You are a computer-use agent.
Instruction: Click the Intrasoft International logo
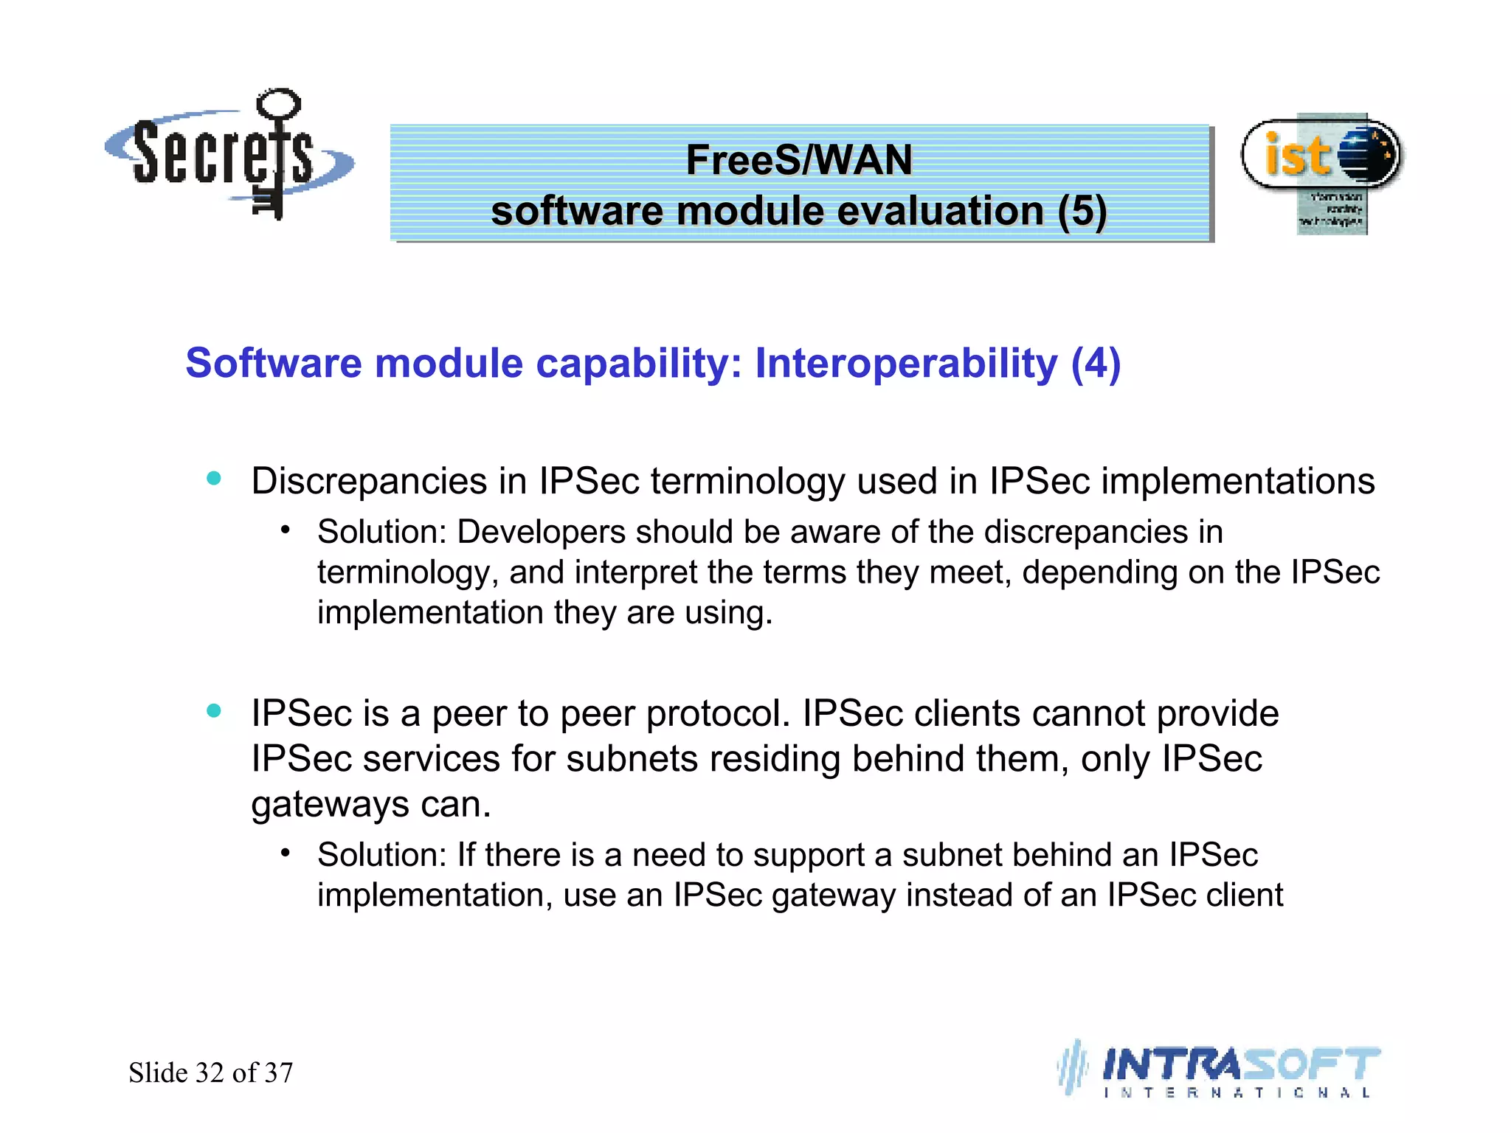click(1221, 1070)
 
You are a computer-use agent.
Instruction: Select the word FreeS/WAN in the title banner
click(799, 159)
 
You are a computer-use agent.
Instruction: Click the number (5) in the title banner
click(1082, 211)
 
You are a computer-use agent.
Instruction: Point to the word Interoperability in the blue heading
click(906, 364)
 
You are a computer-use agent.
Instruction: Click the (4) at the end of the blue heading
click(1096, 364)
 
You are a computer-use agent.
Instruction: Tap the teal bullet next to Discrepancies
click(214, 478)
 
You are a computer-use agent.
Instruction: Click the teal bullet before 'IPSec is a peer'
click(214, 710)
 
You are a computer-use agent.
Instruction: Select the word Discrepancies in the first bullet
click(369, 482)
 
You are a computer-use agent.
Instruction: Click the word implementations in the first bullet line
click(1237, 482)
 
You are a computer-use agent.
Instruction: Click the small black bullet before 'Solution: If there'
click(286, 853)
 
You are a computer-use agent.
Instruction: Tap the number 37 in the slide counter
click(278, 1073)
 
